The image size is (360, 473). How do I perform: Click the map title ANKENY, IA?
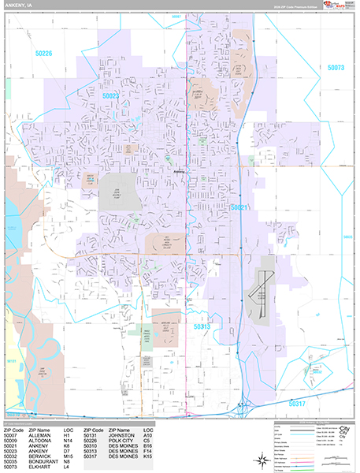[x=20, y=6]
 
